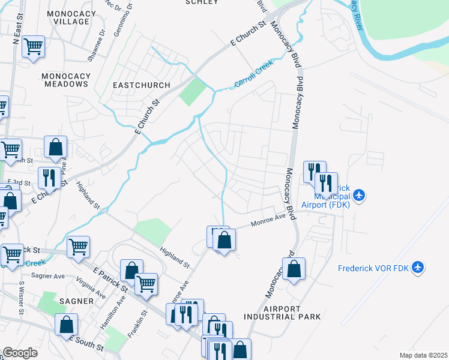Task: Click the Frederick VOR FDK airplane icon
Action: (x=418, y=267)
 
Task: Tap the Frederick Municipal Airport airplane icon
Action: (x=359, y=195)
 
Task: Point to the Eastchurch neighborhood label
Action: (x=142, y=85)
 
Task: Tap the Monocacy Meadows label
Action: (x=66, y=80)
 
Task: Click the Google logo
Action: (x=20, y=353)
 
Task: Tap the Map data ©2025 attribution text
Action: (x=423, y=355)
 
